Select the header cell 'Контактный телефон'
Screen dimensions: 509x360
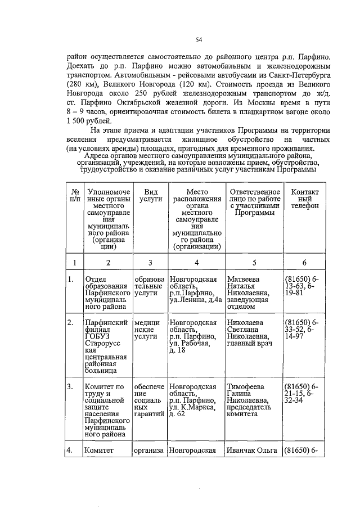[x=304, y=199]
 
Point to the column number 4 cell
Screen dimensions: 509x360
[x=196, y=263]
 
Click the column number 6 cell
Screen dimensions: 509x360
[x=304, y=263]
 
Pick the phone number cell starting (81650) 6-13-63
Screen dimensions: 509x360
[x=301, y=286]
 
